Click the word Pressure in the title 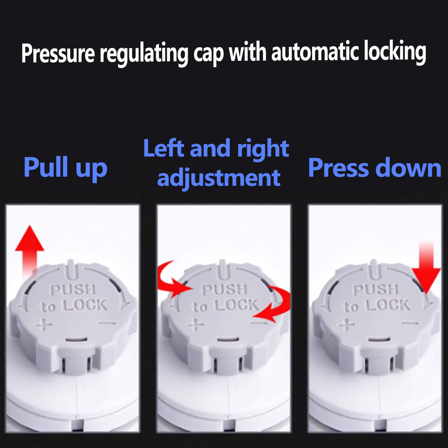(x=58, y=53)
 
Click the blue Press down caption (x=375, y=168)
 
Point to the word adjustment (x=219, y=178)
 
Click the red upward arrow (x=29, y=250)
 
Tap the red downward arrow (x=426, y=267)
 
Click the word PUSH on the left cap (x=73, y=290)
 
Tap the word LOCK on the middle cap (x=237, y=305)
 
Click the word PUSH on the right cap (x=376, y=290)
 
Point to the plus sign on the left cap (x=43, y=325)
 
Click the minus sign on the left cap (x=107, y=323)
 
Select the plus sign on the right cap (x=346, y=325)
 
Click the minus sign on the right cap (x=409, y=323)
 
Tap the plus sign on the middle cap (x=195, y=325)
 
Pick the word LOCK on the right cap (x=388, y=305)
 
